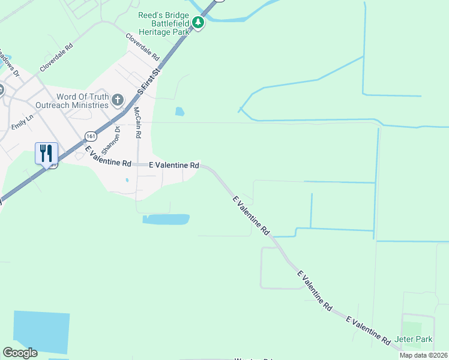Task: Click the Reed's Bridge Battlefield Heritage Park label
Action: [164, 23]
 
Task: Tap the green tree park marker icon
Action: [198, 23]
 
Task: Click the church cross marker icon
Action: [118, 100]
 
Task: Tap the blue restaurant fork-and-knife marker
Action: [46, 153]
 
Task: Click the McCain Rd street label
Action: [137, 120]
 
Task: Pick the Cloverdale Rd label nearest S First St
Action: [143, 47]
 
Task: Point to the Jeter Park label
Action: [414, 339]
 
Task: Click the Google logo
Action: [20, 353]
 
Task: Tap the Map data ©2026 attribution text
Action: [423, 355]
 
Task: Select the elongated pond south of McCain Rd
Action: [166, 220]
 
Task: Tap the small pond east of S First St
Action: [179, 111]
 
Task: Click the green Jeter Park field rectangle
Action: [412, 328]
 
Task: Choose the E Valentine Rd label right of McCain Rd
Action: [174, 164]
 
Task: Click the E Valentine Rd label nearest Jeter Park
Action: [368, 331]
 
